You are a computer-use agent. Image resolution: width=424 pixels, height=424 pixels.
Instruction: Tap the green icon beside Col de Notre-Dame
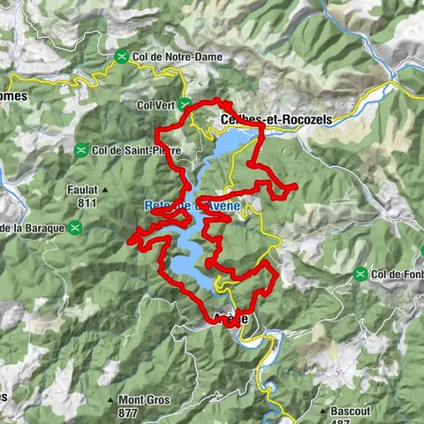(x=121, y=57)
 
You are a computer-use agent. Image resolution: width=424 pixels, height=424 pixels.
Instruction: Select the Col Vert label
(x=155, y=103)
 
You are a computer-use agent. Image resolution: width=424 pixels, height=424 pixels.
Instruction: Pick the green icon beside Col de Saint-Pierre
(x=81, y=150)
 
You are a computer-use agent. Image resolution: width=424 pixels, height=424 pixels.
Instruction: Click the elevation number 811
(x=87, y=202)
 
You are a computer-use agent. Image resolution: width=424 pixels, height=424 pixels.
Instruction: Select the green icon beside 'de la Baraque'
(x=76, y=228)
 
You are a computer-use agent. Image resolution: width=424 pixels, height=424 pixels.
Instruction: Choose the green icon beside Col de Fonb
(x=360, y=275)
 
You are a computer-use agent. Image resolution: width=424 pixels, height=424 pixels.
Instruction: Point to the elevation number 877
(x=129, y=412)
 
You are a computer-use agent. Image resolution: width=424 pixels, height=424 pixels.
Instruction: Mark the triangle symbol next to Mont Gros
(x=110, y=399)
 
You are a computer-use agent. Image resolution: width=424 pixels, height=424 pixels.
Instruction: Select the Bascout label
(x=351, y=411)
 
